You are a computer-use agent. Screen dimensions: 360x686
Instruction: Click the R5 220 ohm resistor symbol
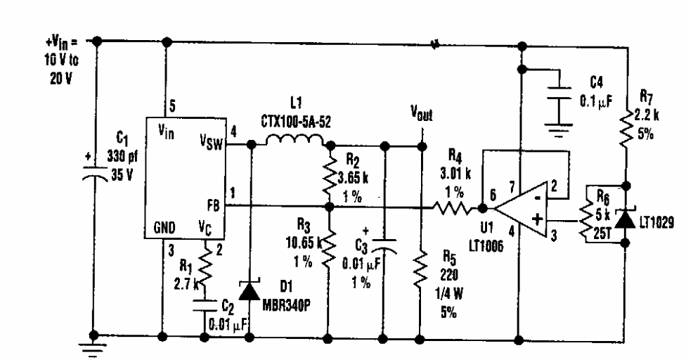(420, 271)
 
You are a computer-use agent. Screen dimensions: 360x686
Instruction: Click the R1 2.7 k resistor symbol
(205, 265)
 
